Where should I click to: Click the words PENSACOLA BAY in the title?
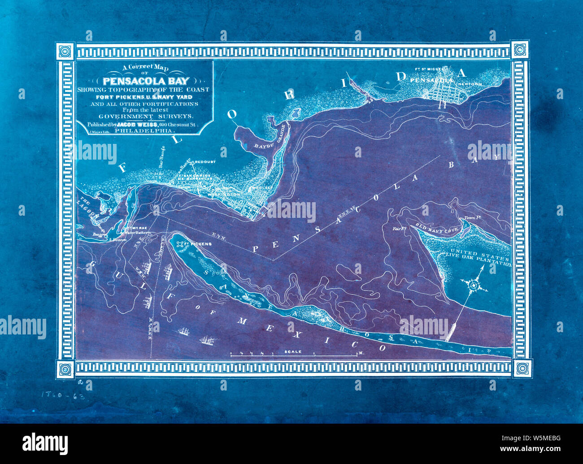point(146,81)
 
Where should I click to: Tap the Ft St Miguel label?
point(429,69)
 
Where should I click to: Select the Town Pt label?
point(472,218)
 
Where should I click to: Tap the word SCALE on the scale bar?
point(293,352)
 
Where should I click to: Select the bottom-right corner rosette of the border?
point(521,368)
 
